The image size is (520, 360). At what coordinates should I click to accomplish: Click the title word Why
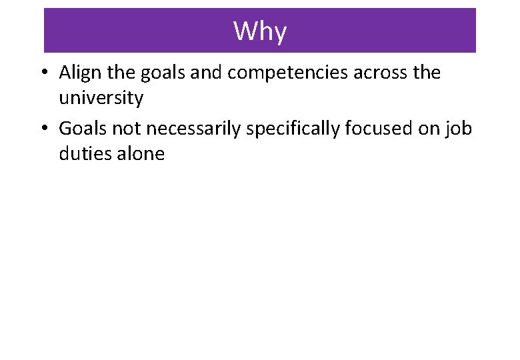[x=260, y=31]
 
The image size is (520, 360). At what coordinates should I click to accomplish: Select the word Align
[x=77, y=72]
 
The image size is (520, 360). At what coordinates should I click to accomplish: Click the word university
[x=101, y=99]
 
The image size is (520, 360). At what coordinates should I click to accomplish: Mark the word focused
[x=387, y=127]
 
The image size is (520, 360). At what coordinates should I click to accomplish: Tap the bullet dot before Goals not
[x=48, y=128]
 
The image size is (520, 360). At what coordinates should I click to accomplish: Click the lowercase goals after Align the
[x=163, y=73]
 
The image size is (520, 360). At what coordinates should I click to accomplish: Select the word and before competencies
[x=207, y=72]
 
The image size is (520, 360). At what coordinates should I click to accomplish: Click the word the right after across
[x=426, y=72]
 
